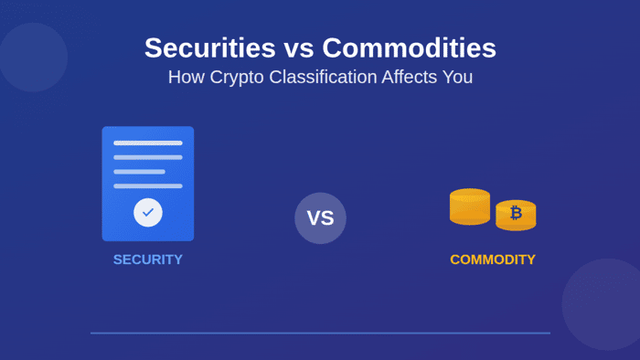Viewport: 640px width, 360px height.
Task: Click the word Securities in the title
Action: tap(210, 48)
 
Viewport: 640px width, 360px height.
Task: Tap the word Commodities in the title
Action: tap(409, 48)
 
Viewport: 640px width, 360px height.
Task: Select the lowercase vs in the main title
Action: tap(299, 50)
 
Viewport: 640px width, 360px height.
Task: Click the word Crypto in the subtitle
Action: tap(237, 78)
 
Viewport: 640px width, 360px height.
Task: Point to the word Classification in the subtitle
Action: tap(323, 77)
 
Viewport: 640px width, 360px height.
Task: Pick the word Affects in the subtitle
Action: tap(410, 77)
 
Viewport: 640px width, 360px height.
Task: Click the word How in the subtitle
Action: tap(187, 77)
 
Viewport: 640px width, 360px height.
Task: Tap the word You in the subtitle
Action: tap(457, 77)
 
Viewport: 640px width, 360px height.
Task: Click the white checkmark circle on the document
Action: tap(148, 212)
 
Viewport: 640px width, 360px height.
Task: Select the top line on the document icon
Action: tap(148, 143)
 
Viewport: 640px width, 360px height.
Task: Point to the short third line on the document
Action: tap(139, 172)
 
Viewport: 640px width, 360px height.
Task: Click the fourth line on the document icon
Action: tap(148, 185)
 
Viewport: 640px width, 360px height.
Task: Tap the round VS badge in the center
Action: tap(320, 218)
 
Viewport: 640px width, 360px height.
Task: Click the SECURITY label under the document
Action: tap(148, 259)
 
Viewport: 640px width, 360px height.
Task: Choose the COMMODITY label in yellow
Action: tap(493, 259)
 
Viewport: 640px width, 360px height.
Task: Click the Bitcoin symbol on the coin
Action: tap(516, 212)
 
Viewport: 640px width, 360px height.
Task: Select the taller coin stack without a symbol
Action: tap(470, 206)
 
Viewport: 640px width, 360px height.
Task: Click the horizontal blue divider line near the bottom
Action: tap(320, 334)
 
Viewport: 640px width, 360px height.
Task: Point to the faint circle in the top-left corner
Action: tap(33, 57)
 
